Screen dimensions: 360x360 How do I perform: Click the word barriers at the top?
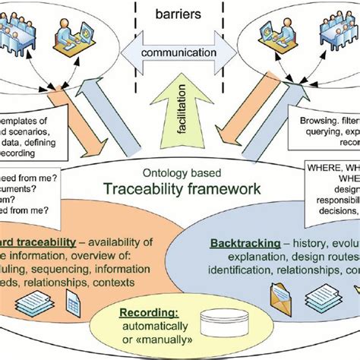point(179,14)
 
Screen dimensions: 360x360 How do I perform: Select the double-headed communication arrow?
point(179,54)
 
